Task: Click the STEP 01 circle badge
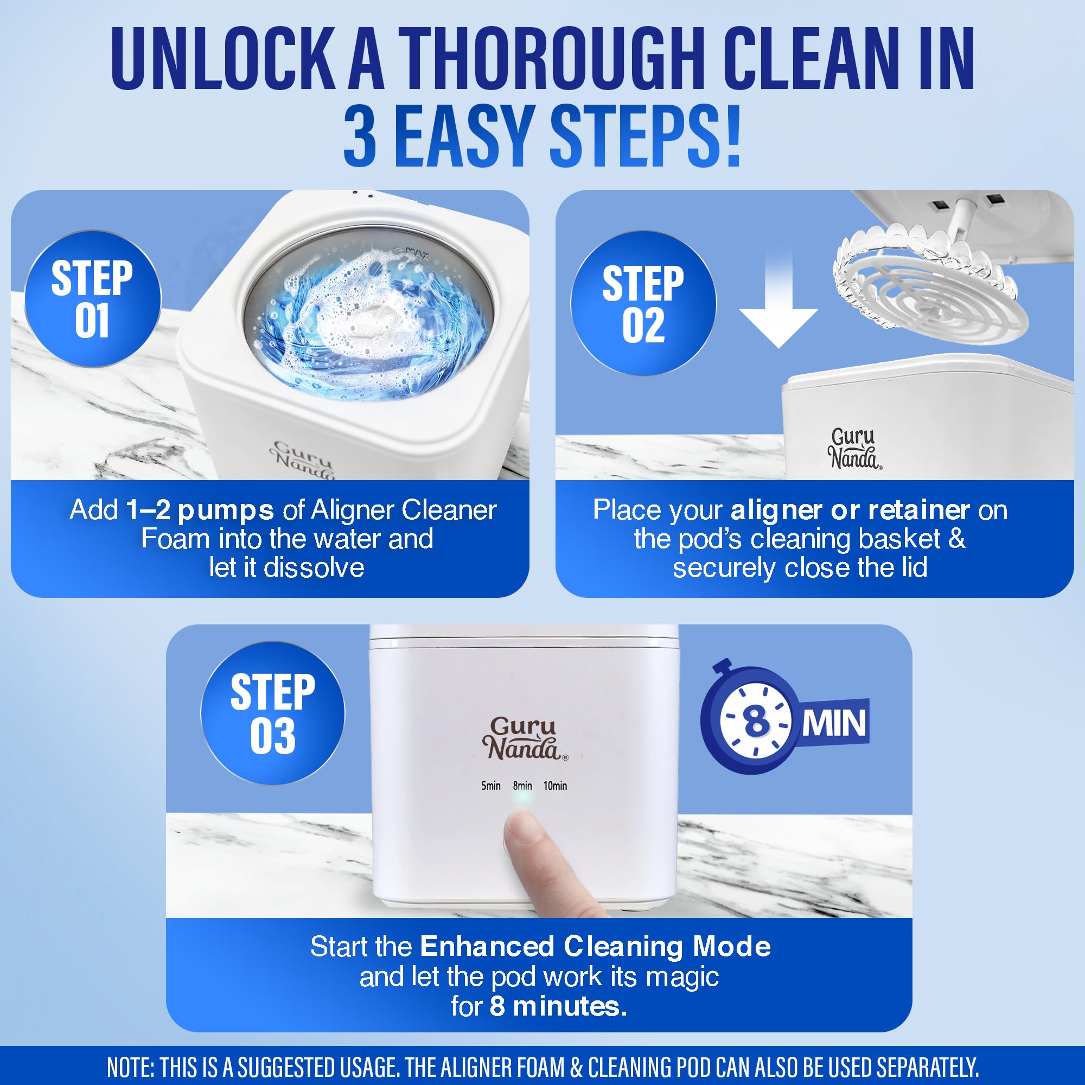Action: [92, 299]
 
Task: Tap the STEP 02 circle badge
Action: [643, 303]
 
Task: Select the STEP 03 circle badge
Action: [273, 713]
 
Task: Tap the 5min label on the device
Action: [491, 786]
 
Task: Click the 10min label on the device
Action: [555, 786]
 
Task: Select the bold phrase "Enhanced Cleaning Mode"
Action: [595, 946]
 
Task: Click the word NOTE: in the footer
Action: [130, 1067]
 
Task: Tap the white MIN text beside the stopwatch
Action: [833, 724]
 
